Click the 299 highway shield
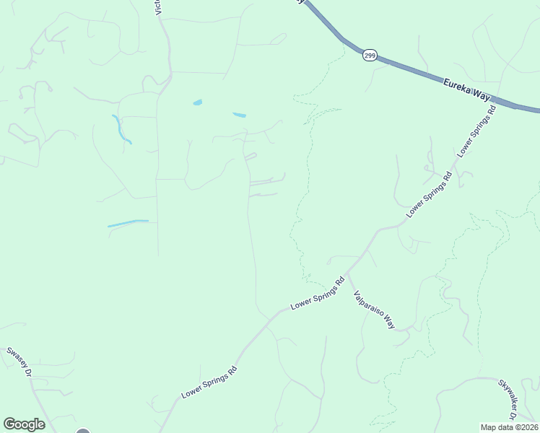click(370, 56)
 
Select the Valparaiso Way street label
click(373, 310)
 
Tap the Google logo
click(24, 424)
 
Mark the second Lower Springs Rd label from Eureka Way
click(429, 194)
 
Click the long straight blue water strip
click(128, 223)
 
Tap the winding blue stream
click(121, 129)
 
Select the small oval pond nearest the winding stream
click(197, 102)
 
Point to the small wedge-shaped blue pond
click(239, 115)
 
